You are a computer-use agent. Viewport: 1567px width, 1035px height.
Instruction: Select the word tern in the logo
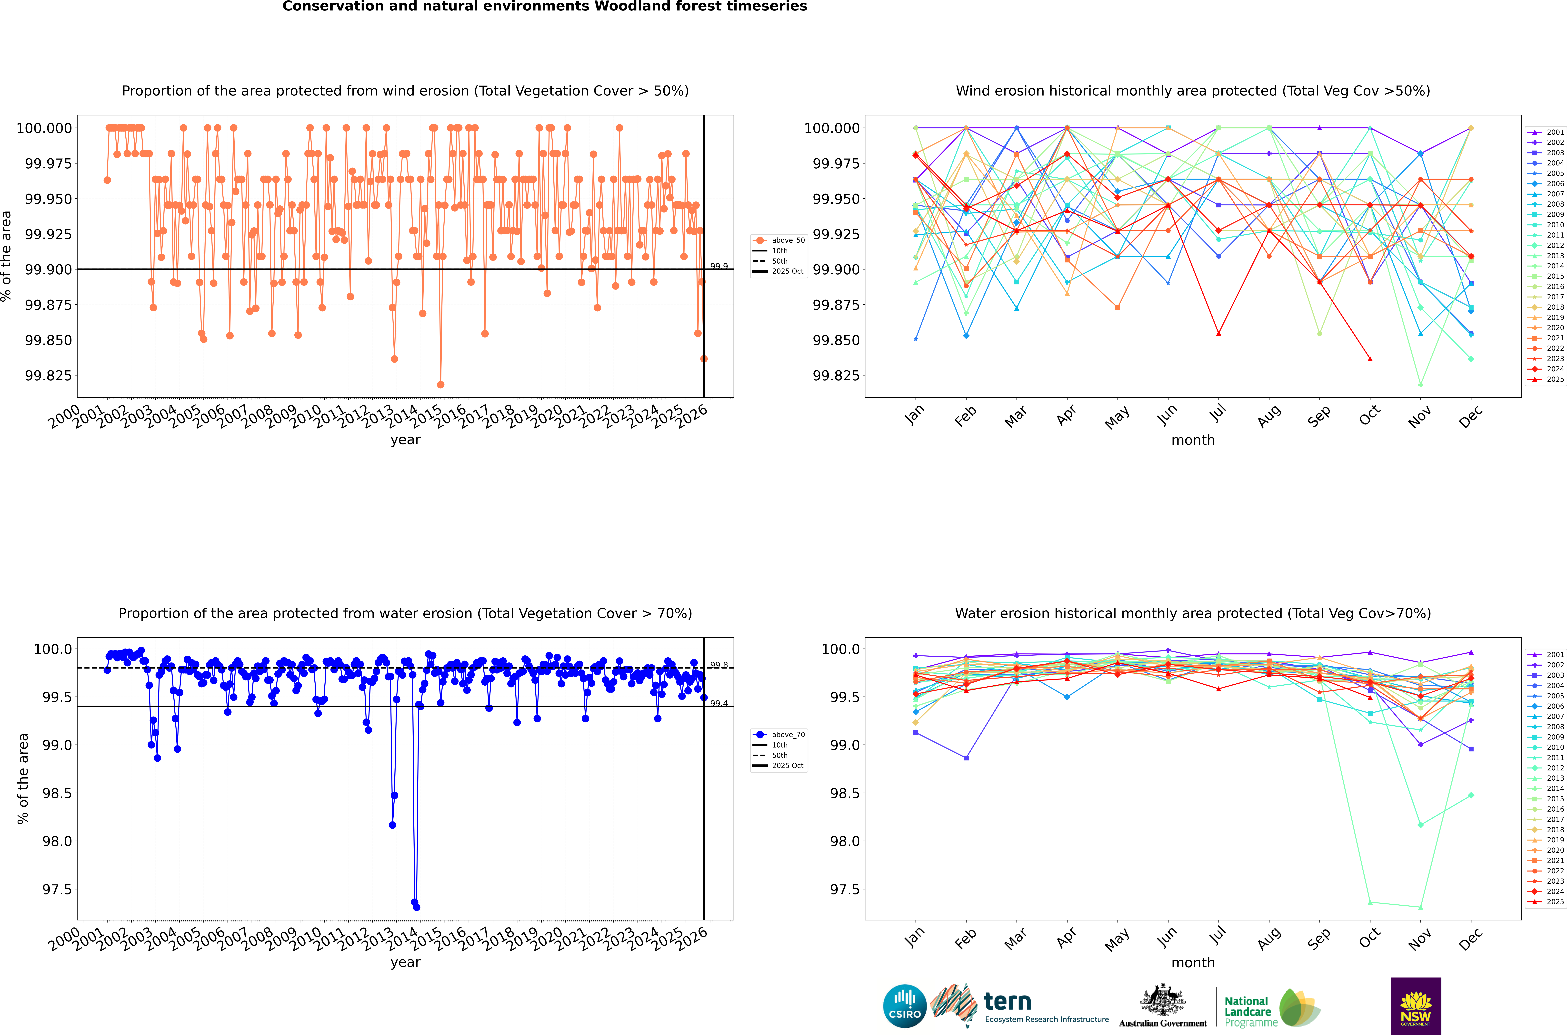tap(1007, 1002)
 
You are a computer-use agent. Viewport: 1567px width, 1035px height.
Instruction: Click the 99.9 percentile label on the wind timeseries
tap(719, 267)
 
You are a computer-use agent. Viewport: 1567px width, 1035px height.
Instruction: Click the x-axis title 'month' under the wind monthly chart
tap(1193, 440)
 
